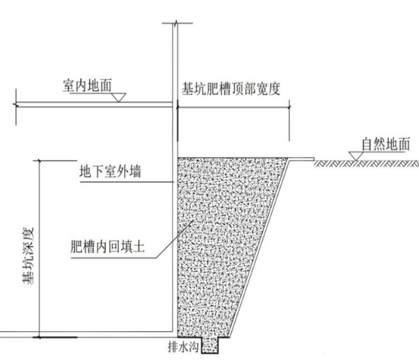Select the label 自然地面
(387, 144)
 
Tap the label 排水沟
(182, 347)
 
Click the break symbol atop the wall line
(174, 27)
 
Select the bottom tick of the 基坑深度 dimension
(39, 337)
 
